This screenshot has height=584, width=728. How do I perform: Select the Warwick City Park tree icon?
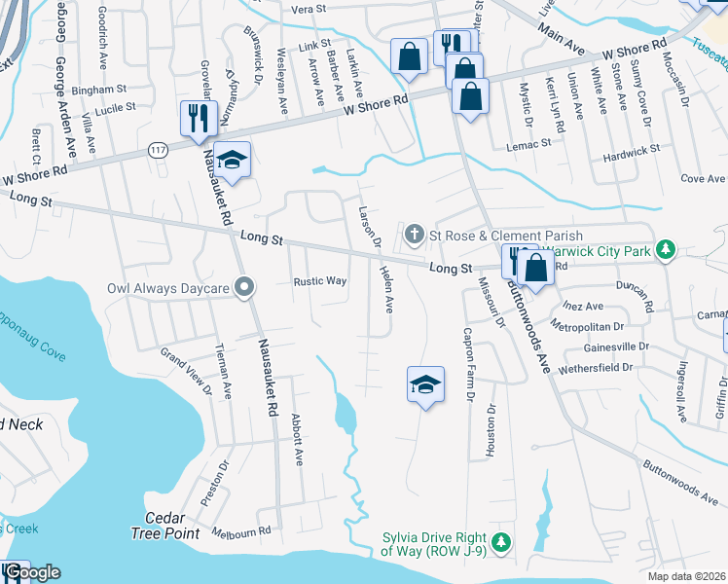(667, 250)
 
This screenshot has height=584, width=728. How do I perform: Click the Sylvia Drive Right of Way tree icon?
(501, 542)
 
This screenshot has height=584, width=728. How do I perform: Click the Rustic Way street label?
(320, 281)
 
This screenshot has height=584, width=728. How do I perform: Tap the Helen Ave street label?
(386, 289)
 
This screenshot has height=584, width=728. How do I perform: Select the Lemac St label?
(528, 142)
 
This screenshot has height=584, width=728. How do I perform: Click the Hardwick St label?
(631, 151)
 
